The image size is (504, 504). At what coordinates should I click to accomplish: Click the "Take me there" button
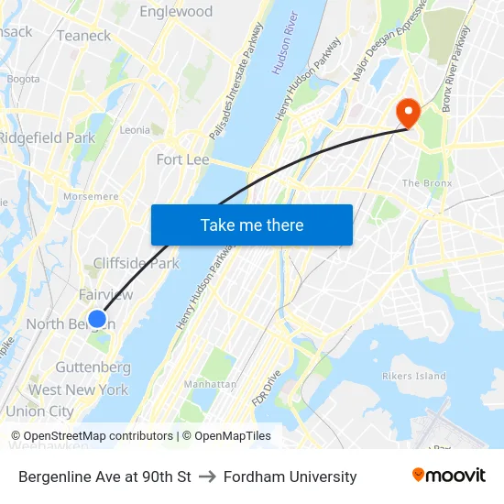(x=252, y=225)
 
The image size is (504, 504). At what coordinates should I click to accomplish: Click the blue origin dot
(x=97, y=319)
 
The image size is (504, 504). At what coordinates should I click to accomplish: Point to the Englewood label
(x=176, y=12)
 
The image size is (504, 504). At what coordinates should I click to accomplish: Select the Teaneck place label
(x=83, y=36)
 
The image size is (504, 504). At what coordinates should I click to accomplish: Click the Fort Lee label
(x=183, y=159)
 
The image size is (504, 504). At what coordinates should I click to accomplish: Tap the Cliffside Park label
(x=136, y=263)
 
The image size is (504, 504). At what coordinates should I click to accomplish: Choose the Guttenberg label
(x=93, y=367)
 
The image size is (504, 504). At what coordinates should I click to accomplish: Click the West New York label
(x=78, y=389)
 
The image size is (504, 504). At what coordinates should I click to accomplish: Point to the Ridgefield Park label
(x=47, y=137)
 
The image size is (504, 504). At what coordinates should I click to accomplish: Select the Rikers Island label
(x=414, y=376)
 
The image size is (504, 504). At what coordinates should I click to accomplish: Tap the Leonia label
(x=135, y=130)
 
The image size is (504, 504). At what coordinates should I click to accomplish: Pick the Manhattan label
(x=210, y=384)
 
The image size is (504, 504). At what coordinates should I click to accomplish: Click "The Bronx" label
(x=427, y=183)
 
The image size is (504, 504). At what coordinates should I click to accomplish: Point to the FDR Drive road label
(x=265, y=389)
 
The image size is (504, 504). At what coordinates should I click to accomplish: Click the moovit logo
(x=449, y=475)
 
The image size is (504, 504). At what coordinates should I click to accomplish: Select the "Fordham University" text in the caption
(x=290, y=477)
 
